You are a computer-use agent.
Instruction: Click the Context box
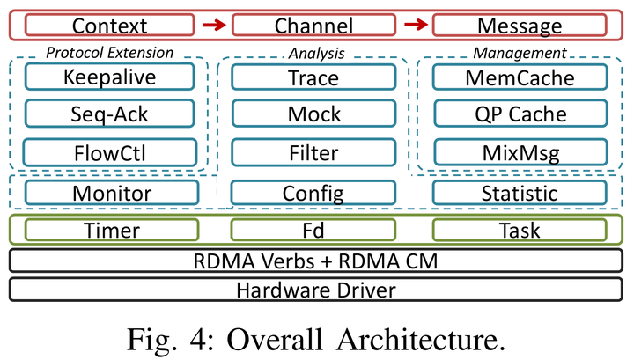[x=109, y=26]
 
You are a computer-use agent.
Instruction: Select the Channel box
[x=313, y=26]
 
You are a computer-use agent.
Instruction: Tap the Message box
[x=520, y=26]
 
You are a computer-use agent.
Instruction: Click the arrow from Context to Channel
[x=211, y=26]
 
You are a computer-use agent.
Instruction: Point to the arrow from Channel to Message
[x=417, y=26]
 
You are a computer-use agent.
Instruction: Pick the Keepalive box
[x=109, y=77]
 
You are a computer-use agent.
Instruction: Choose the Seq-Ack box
[x=109, y=114]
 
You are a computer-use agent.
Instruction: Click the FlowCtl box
[x=109, y=153]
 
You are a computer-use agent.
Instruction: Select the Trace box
[x=313, y=77]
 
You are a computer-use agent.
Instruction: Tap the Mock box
[x=313, y=114]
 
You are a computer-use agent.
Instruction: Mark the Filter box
[x=313, y=153]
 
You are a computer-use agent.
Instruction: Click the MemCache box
[x=520, y=77]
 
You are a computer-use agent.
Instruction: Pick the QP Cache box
[x=520, y=114]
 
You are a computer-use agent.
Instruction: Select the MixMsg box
[x=520, y=153]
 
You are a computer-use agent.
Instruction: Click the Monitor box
[x=109, y=193]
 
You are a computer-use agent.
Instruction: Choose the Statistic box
[x=520, y=193]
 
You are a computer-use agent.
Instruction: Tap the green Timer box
[x=109, y=231]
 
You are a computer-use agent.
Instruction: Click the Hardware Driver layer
[x=315, y=289]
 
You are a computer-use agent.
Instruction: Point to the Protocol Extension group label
[x=109, y=53]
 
